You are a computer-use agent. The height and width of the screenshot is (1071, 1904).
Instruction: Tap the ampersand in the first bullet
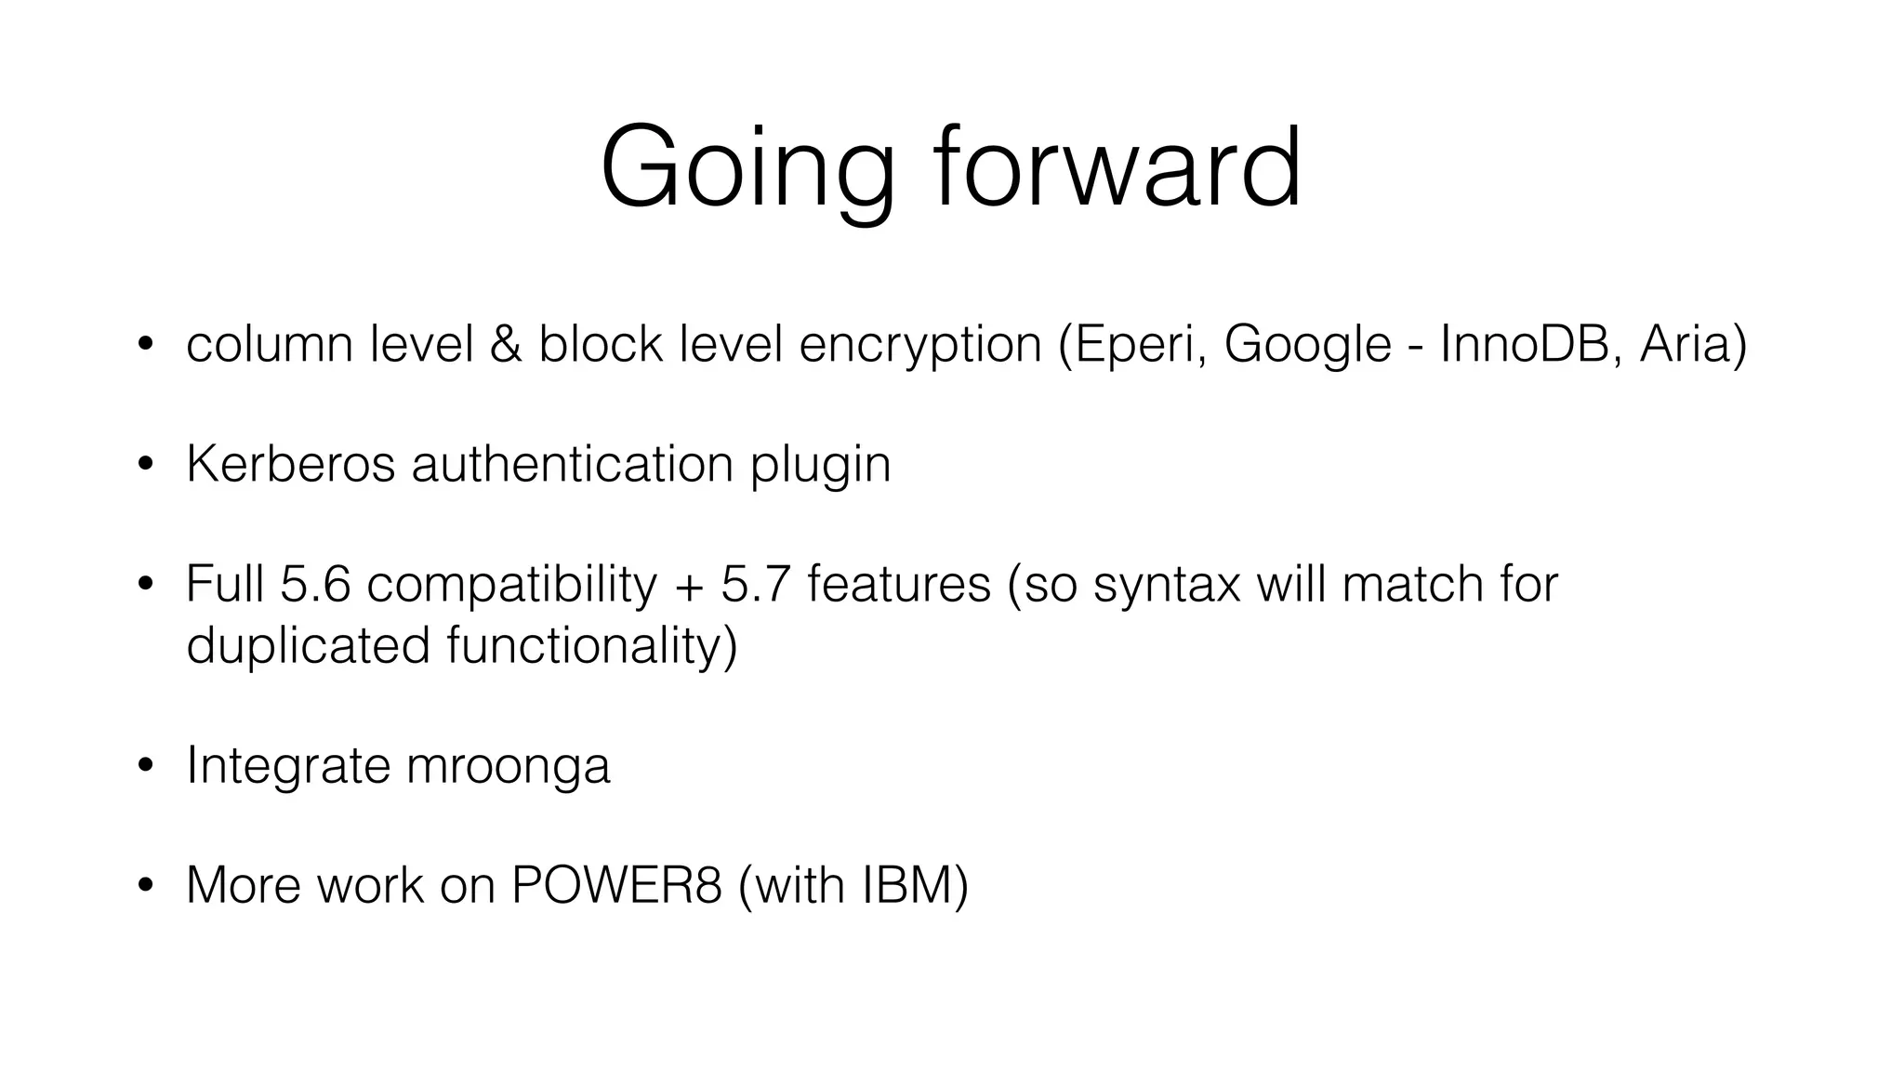(x=506, y=344)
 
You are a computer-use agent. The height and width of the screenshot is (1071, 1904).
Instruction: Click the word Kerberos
(x=291, y=463)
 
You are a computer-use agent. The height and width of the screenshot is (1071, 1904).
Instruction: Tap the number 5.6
(x=315, y=584)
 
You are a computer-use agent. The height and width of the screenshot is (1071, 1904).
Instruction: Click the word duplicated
(x=308, y=644)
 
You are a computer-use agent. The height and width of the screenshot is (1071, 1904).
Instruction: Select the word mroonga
(x=509, y=766)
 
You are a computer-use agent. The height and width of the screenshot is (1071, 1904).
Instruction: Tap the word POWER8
(x=616, y=884)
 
